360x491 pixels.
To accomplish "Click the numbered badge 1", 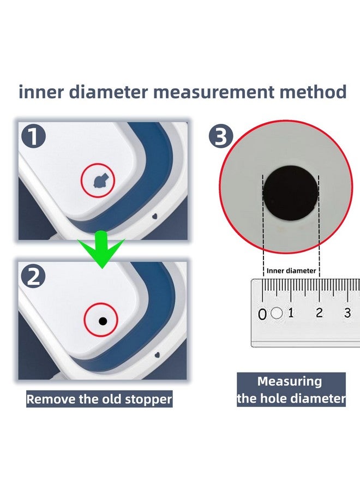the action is (x=33, y=136).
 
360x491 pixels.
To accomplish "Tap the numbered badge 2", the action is (x=33, y=277).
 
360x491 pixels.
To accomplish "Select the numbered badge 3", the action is (x=221, y=136).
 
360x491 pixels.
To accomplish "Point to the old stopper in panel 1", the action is (x=100, y=181).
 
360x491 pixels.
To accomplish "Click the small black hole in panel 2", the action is (x=103, y=321).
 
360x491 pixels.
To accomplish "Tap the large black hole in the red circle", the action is (x=291, y=193).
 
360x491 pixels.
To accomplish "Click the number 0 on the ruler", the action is (x=262, y=314).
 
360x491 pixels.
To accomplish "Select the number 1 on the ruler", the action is (x=291, y=313).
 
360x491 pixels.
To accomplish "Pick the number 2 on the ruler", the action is (x=319, y=313).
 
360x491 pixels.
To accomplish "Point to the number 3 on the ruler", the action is (x=347, y=313).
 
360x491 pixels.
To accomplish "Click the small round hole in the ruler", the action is (x=277, y=313).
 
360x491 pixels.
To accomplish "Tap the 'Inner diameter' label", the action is (x=291, y=271).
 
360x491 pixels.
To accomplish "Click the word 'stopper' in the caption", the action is (x=148, y=399).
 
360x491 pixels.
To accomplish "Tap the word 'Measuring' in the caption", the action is (x=290, y=381).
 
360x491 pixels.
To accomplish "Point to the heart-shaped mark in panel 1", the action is (x=155, y=216).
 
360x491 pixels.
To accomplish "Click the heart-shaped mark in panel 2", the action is (x=157, y=355).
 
